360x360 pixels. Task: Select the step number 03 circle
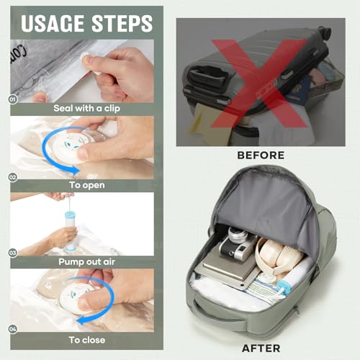[x=12, y=253]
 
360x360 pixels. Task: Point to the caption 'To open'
[x=87, y=185]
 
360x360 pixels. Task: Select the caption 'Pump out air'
[x=87, y=263]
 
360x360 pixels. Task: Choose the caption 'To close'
[x=87, y=340]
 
